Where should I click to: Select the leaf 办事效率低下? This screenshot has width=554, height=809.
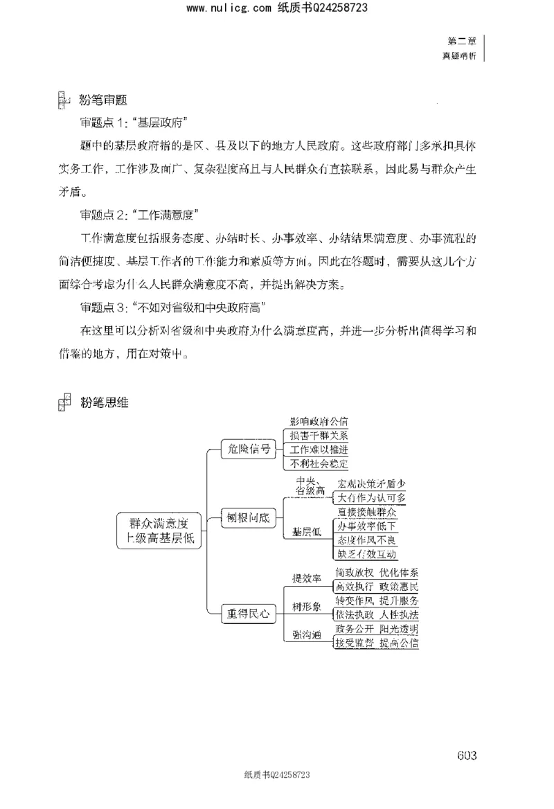367,526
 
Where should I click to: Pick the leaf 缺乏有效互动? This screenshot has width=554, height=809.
367,553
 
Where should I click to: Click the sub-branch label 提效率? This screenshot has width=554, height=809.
306,578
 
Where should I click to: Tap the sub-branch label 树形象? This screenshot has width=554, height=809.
306,606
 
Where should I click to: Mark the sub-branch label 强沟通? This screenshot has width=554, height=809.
306,634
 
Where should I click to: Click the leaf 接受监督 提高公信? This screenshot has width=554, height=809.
377,642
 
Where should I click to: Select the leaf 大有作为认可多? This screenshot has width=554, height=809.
372,498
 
